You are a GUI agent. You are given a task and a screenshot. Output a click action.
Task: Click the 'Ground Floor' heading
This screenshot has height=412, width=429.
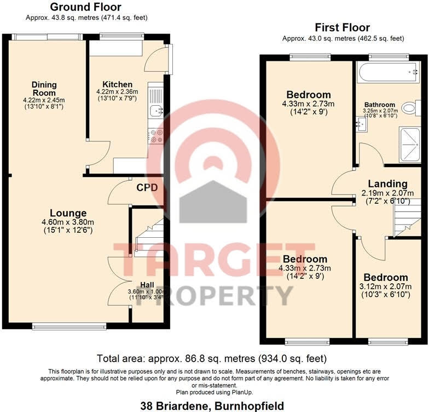(85, 7)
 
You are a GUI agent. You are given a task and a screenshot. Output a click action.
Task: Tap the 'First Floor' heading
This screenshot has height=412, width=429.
(343, 27)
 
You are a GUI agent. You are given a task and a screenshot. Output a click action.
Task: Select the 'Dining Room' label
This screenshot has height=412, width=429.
(44, 88)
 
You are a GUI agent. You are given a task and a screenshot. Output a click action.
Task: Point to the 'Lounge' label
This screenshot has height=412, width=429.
(68, 213)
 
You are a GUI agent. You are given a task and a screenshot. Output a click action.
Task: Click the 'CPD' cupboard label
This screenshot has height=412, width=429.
(147, 187)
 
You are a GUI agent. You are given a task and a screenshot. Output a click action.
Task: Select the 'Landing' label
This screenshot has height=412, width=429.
(387, 184)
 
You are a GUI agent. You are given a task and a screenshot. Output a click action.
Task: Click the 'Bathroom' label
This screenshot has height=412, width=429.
(380, 105)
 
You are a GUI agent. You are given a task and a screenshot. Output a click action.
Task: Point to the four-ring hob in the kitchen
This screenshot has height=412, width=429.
(156, 136)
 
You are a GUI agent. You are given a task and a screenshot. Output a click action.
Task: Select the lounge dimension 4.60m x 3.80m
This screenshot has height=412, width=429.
(68, 222)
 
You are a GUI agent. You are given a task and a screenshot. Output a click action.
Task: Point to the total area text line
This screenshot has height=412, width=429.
(212, 359)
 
